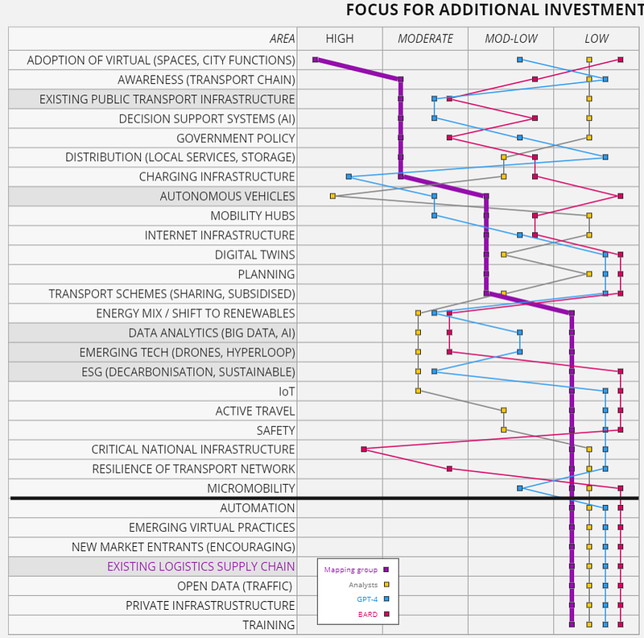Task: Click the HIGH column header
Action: pos(339,39)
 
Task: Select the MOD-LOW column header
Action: pos(510,39)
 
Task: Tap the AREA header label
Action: pos(282,39)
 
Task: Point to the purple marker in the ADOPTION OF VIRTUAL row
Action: pos(316,60)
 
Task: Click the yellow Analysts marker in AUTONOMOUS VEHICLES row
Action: pos(332,196)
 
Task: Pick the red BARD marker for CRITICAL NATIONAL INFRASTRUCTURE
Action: pos(364,449)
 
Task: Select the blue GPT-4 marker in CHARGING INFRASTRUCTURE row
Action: pos(349,176)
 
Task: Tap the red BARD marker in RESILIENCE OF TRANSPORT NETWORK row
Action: pos(449,468)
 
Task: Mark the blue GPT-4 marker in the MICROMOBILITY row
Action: pos(520,488)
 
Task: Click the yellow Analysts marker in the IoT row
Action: pos(418,391)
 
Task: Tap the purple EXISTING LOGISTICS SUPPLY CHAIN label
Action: pos(200,566)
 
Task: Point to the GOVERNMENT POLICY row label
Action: pos(235,138)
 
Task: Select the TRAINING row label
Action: pos(268,624)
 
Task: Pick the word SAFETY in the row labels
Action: pos(275,430)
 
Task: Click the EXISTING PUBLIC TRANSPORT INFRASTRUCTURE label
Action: pos(167,99)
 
